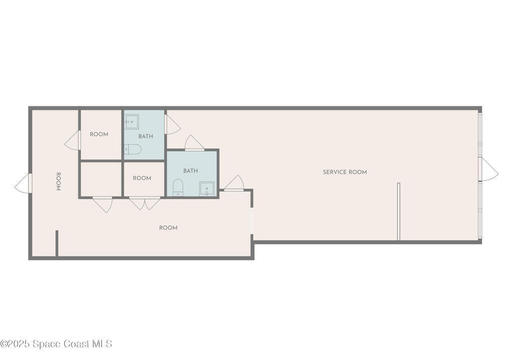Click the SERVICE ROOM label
coord(345,172)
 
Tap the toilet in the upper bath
coord(132,149)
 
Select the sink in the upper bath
coord(132,121)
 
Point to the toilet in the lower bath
coord(178,188)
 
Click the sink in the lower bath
coord(207,189)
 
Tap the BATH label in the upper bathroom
coord(146,136)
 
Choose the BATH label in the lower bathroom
coord(190,171)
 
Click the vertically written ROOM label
coord(58,182)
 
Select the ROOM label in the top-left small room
coord(99,134)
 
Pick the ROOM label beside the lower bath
coord(142,178)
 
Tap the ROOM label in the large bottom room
coord(168,228)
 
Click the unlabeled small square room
coord(101,179)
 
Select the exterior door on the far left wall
coord(23,183)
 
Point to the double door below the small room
coord(145,203)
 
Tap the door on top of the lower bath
coord(195,143)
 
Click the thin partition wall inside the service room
coord(398,212)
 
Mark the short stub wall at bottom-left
coord(57,244)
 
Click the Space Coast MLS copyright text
coord(56,344)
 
